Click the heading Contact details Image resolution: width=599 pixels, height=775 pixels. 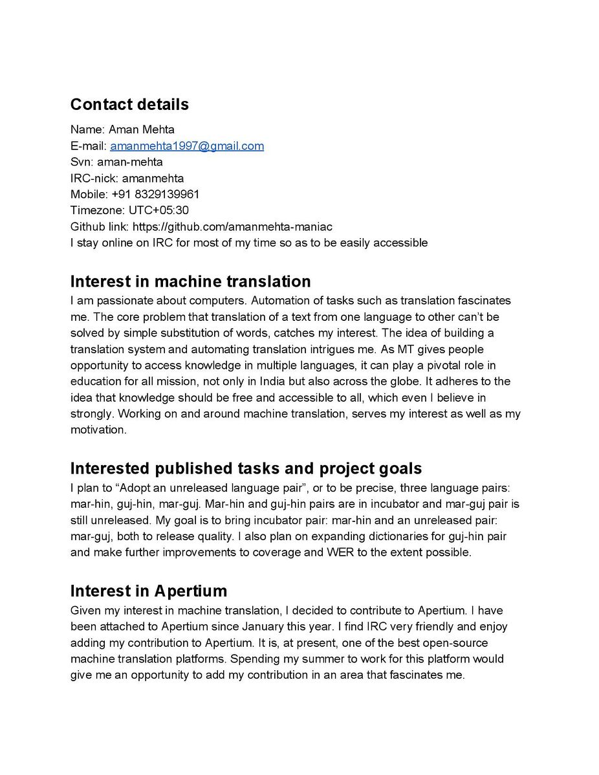129,104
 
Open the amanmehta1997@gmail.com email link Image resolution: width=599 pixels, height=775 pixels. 187,146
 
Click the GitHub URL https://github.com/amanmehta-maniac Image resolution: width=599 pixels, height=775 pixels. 232,227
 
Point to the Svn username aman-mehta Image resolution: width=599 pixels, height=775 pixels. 130,162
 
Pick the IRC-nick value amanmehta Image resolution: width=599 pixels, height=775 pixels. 153,179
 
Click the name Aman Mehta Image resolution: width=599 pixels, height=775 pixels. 142,130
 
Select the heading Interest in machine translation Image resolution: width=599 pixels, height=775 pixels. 190,281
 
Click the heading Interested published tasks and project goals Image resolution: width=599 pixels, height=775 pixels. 246,468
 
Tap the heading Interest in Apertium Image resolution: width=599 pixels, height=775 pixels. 149,591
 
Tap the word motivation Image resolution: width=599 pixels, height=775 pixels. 98,430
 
